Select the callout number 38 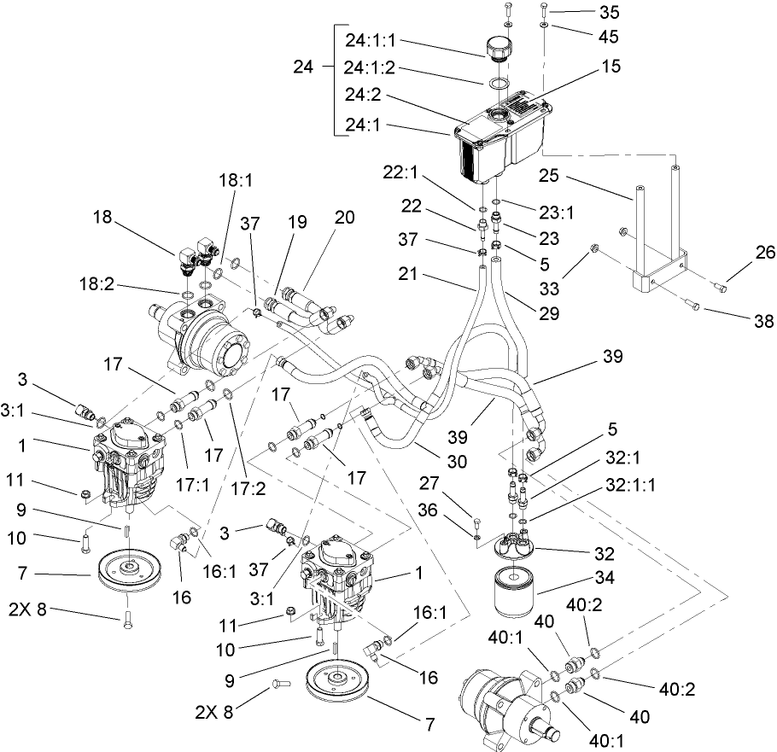tap(739, 322)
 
